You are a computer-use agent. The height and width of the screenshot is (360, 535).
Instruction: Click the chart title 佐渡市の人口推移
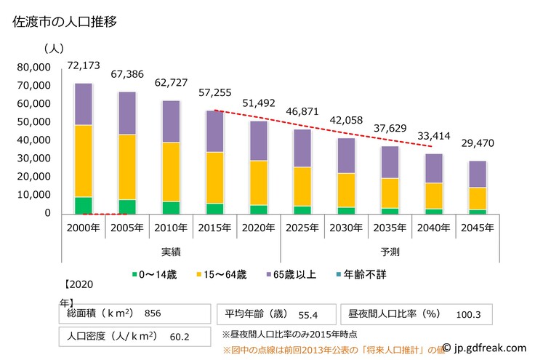coord(65,22)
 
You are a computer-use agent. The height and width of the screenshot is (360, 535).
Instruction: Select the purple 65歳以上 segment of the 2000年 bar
coord(84,104)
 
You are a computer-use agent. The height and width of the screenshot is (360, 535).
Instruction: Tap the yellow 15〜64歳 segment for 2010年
coord(171,172)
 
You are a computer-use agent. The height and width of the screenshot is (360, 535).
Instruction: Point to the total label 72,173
coord(84,65)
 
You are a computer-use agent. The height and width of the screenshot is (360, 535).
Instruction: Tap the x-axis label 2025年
coord(302,228)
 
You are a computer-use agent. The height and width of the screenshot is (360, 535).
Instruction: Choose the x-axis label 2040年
coord(434,228)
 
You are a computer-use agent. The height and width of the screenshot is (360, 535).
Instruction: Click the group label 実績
coord(171,252)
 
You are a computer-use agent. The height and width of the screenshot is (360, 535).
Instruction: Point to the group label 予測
coord(390,252)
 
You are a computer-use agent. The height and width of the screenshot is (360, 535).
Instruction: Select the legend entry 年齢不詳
coord(366,274)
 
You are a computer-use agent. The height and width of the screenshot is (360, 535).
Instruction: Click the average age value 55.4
coord(309,314)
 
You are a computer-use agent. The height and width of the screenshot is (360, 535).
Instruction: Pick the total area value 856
coord(152,313)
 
